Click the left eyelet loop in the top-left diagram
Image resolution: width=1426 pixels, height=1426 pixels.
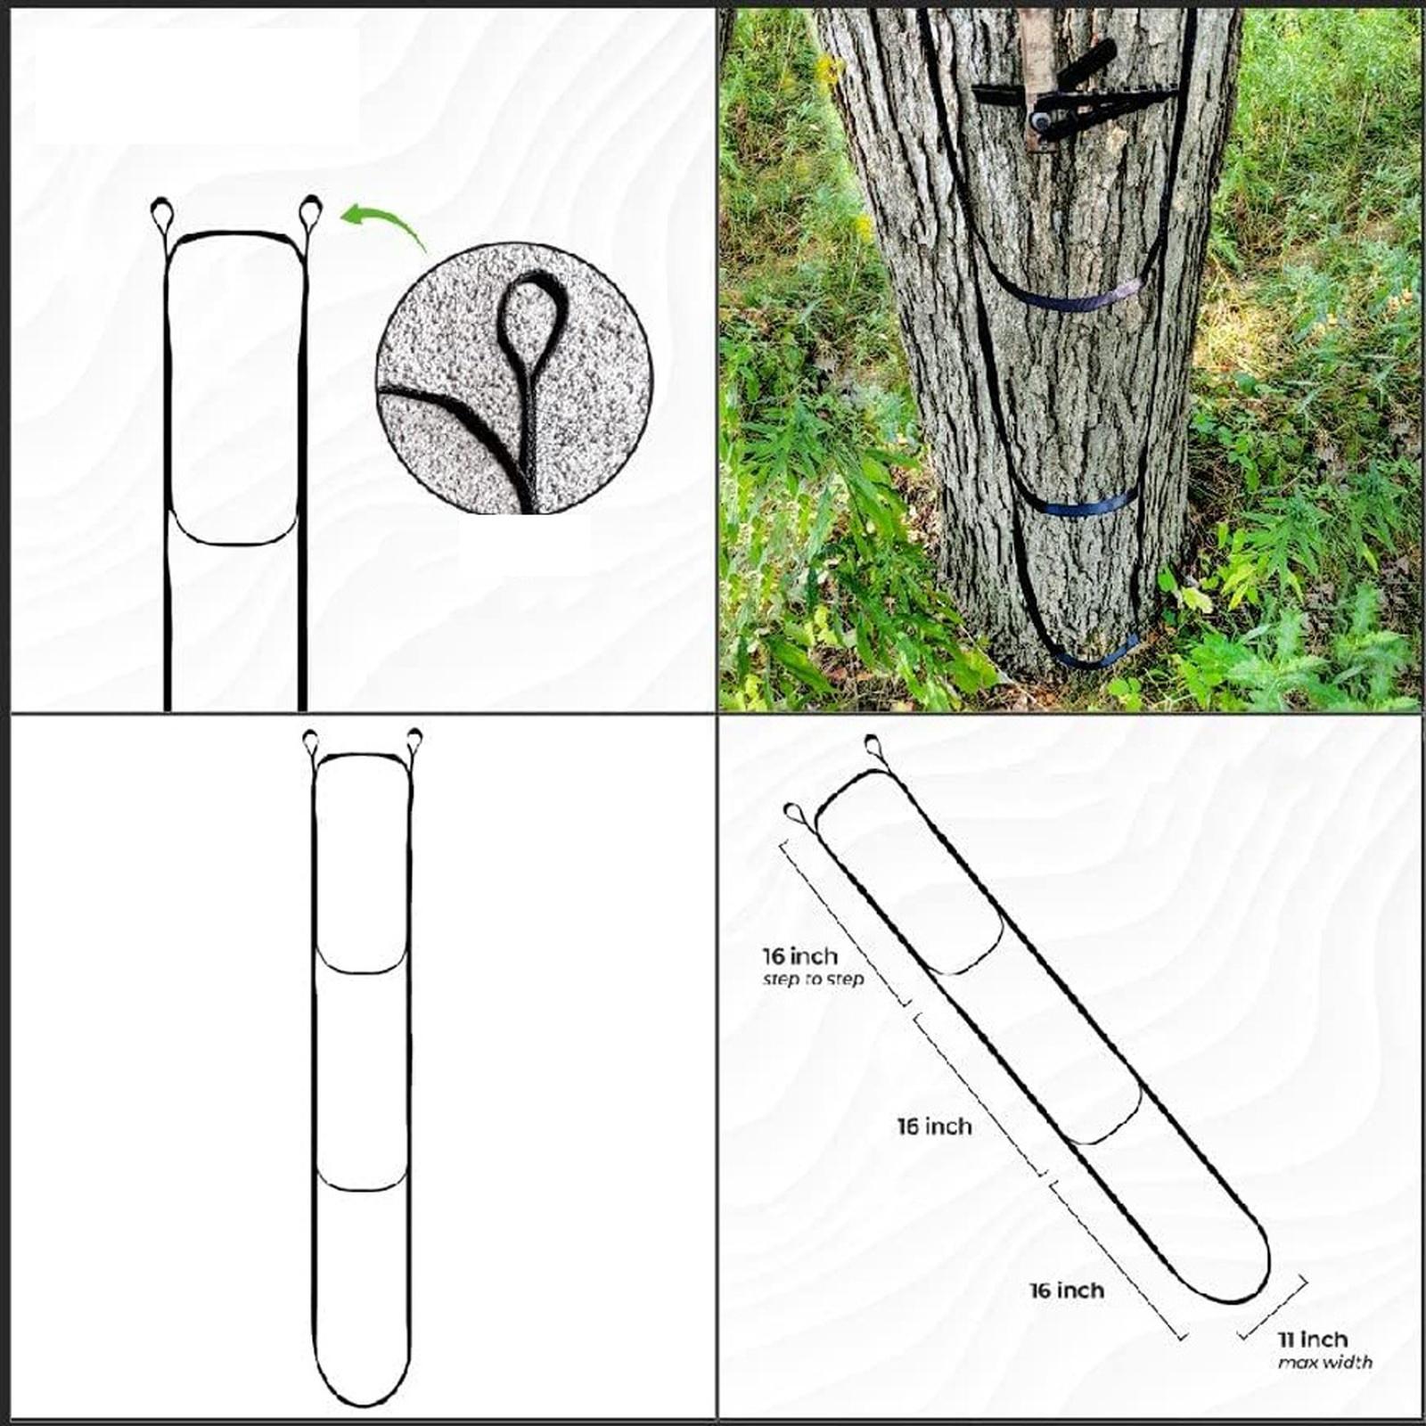[x=164, y=214]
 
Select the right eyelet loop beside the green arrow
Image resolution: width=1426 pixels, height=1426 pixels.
[x=310, y=212]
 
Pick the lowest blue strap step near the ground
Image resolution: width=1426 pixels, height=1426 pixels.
[x=1096, y=653]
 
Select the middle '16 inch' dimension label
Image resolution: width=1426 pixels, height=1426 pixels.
[x=934, y=1127]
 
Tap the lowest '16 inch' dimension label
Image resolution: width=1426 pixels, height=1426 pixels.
[x=1067, y=1290]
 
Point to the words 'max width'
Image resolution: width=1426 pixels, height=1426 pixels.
[x=1325, y=1362]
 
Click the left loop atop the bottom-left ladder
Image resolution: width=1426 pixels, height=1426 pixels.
[x=311, y=740]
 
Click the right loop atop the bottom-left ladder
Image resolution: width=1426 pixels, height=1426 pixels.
[x=414, y=740]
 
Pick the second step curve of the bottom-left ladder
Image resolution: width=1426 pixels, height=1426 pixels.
[x=363, y=1186]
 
